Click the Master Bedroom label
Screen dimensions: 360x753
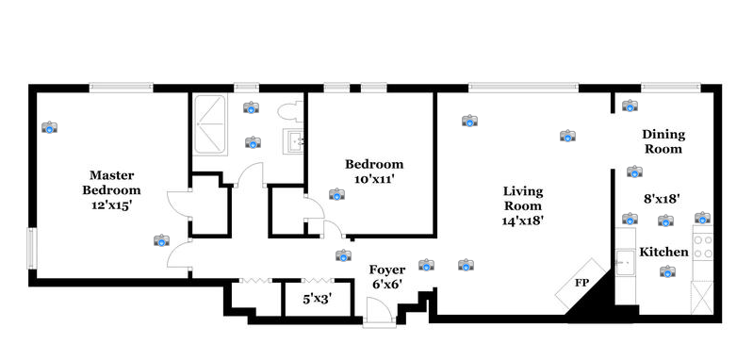click(111, 183)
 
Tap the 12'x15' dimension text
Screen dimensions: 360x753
click(111, 205)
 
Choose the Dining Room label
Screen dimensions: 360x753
click(663, 141)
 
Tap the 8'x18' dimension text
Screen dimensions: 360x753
click(662, 199)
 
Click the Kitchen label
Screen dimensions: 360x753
click(663, 253)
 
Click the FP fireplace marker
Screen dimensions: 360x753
click(582, 284)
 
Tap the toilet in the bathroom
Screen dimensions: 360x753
click(288, 112)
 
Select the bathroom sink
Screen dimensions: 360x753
click(295, 142)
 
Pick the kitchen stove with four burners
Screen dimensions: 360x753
click(703, 247)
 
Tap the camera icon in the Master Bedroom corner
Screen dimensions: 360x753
click(49, 127)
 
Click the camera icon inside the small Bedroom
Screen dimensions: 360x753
click(336, 194)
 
